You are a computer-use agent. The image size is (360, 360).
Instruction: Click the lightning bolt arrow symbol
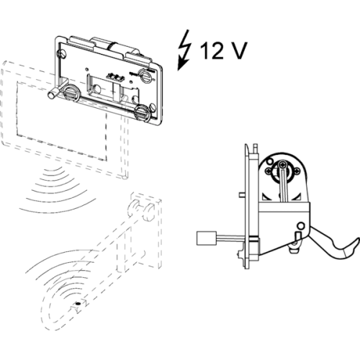[184, 50]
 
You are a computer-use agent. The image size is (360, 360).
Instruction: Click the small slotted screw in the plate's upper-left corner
[63, 54]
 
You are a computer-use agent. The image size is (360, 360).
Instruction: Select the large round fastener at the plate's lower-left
[71, 93]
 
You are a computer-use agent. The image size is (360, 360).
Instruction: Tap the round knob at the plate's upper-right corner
[146, 76]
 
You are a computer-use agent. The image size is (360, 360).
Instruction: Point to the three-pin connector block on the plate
[116, 77]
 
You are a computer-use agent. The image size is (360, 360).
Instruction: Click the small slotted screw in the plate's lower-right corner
[153, 107]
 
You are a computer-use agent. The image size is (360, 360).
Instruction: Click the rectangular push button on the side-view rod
[207, 238]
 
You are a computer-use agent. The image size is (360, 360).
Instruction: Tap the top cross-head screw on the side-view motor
[282, 165]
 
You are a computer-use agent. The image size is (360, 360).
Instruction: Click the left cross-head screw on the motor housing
[268, 171]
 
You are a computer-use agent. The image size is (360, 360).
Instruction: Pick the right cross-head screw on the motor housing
[297, 171]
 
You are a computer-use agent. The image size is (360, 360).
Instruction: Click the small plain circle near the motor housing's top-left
[269, 161]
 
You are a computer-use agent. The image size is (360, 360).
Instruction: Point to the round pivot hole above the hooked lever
[301, 225]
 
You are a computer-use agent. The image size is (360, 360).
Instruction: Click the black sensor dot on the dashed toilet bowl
[78, 304]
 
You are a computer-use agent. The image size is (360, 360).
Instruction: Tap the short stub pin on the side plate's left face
[243, 195]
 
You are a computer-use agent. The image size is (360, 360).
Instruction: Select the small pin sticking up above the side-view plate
[256, 149]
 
